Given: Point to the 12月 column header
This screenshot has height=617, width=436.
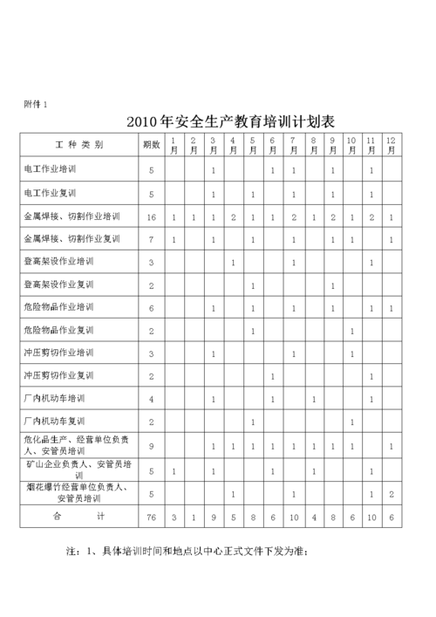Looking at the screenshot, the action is pyautogui.click(x=392, y=145).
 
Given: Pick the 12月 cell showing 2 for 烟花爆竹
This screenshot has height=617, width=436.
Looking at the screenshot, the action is pyautogui.click(x=392, y=494).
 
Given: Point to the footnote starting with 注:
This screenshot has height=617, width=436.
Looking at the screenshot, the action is pyautogui.click(x=187, y=552).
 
